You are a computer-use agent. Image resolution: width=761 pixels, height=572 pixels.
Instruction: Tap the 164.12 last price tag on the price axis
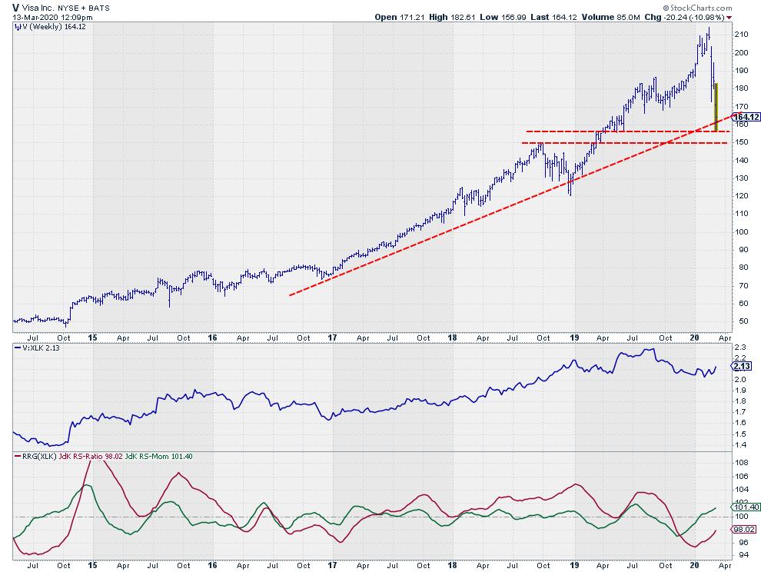(x=744, y=117)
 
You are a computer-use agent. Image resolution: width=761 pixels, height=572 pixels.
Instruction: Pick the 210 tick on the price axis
(x=739, y=35)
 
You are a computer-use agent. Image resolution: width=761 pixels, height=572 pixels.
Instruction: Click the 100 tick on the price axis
(x=739, y=231)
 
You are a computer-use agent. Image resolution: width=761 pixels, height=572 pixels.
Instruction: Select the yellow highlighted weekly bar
(x=716, y=108)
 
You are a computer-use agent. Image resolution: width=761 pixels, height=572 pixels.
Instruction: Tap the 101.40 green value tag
(x=744, y=507)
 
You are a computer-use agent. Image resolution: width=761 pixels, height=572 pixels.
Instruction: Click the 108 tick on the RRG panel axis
(x=739, y=463)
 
